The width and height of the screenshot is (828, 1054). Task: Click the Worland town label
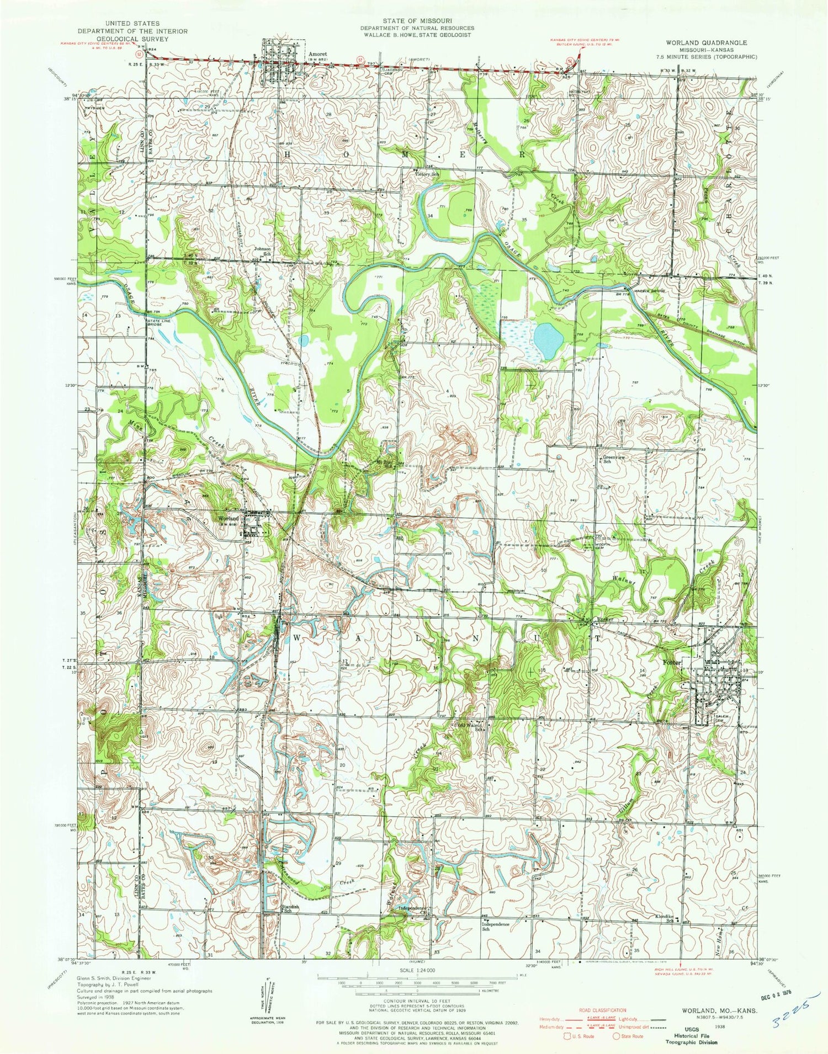tap(229, 519)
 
